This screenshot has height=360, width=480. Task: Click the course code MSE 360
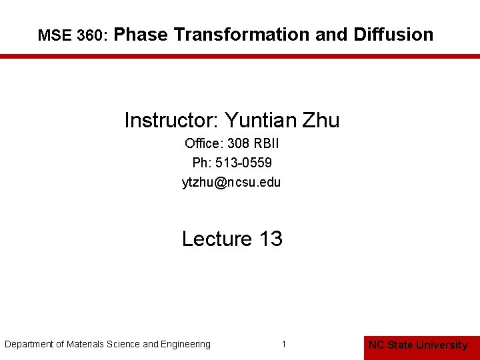click(69, 36)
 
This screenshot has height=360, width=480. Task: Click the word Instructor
click(171, 121)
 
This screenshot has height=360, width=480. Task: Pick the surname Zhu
click(321, 121)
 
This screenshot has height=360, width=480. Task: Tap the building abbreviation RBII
click(267, 143)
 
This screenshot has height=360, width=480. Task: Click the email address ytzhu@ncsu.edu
click(231, 182)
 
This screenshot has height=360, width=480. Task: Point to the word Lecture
click(217, 239)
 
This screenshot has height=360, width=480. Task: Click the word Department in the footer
click(29, 344)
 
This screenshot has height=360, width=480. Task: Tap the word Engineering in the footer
click(186, 344)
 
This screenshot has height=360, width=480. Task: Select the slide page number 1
click(284, 344)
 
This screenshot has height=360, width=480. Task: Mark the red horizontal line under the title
click(240, 57)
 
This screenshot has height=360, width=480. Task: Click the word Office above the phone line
click(203, 143)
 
